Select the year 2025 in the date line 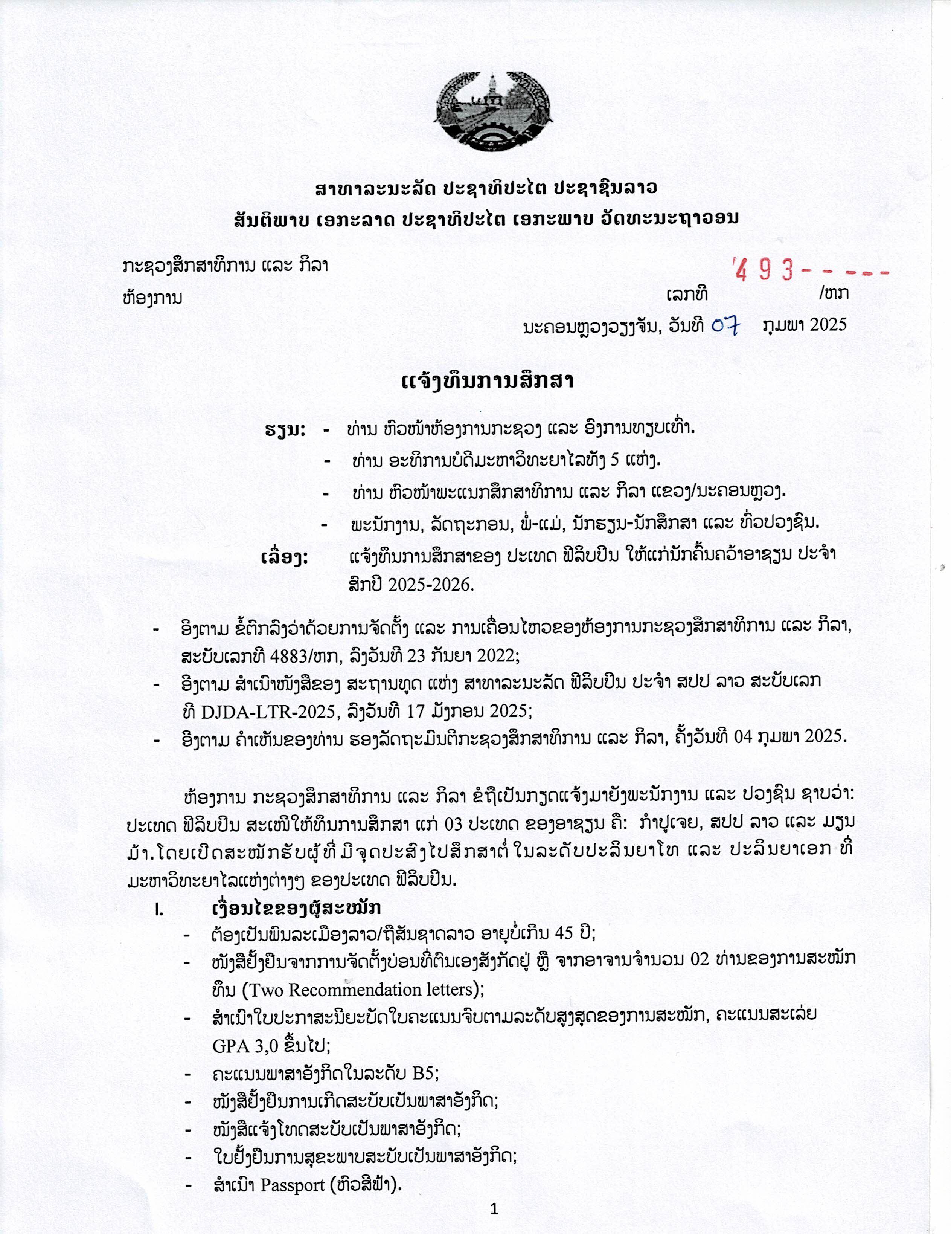click(828, 324)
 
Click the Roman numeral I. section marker click(160, 909)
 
